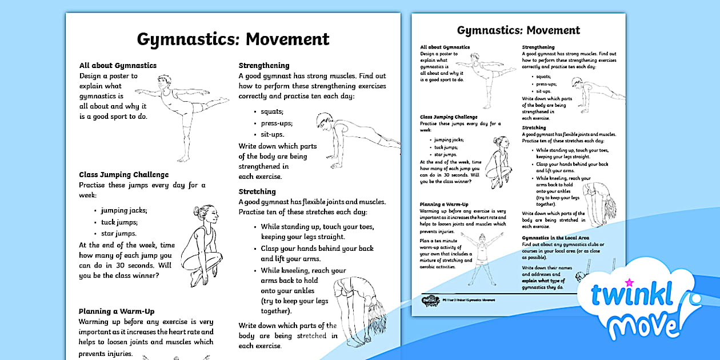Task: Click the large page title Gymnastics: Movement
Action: [x=233, y=39]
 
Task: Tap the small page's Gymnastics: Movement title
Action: [x=518, y=30]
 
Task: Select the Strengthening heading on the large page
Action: [x=264, y=66]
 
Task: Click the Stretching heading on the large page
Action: [x=257, y=191]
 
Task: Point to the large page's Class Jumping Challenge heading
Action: [x=124, y=175]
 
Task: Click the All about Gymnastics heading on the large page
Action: [x=118, y=66]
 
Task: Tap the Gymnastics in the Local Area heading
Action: [x=555, y=238]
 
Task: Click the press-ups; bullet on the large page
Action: [x=277, y=123]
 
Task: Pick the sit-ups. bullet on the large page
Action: [x=272, y=134]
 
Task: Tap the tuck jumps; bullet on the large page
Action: [x=119, y=222]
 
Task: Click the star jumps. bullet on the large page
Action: [x=119, y=233]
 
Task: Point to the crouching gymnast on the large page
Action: [x=198, y=246]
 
